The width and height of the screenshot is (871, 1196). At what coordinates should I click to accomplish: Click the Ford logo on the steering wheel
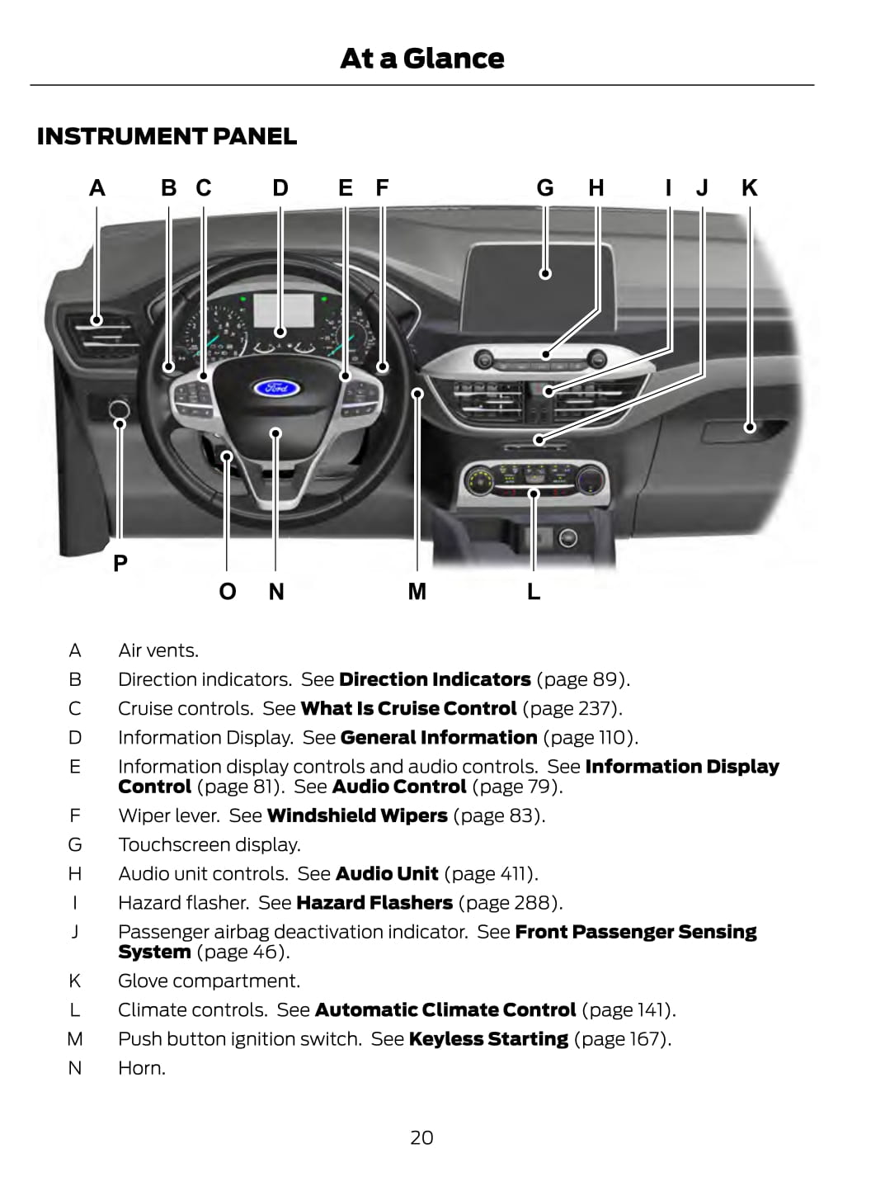(x=275, y=387)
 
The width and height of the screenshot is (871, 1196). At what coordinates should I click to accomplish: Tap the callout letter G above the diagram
(x=544, y=188)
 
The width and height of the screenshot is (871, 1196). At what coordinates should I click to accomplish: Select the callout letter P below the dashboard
(x=120, y=563)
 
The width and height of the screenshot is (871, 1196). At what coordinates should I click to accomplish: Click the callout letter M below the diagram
(x=417, y=591)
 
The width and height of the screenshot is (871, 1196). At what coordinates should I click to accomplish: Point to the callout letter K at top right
(x=749, y=188)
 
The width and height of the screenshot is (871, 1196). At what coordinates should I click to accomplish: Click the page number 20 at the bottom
(x=421, y=1137)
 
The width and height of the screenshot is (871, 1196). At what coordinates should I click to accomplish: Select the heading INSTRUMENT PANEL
(x=167, y=136)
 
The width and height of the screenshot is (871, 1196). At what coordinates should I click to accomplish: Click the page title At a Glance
(x=421, y=59)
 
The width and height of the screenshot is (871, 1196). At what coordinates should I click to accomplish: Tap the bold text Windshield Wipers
(x=357, y=815)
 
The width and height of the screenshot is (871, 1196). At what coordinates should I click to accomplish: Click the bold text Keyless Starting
(x=488, y=1038)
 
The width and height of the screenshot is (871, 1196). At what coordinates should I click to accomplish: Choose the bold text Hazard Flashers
(x=374, y=902)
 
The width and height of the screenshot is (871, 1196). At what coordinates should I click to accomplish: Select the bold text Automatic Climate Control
(x=445, y=1009)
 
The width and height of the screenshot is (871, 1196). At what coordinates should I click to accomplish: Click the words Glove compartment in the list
(x=209, y=981)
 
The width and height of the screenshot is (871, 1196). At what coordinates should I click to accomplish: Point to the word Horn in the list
(x=141, y=1067)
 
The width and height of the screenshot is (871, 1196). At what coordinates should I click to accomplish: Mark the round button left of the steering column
(x=119, y=409)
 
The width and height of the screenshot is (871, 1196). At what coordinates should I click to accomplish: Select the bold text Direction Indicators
(x=435, y=679)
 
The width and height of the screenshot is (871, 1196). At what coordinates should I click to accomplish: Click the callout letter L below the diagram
(x=534, y=591)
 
